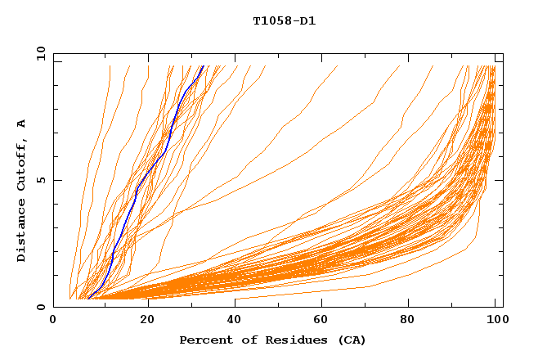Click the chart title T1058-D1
tap(284, 20)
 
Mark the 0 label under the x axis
tap(54, 319)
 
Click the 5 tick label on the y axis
tap(40, 180)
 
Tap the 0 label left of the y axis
tap(40, 307)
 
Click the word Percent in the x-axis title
tap(205, 340)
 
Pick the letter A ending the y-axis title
tap(21, 124)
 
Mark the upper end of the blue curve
tap(204, 65)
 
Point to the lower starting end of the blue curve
tap(88, 298)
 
